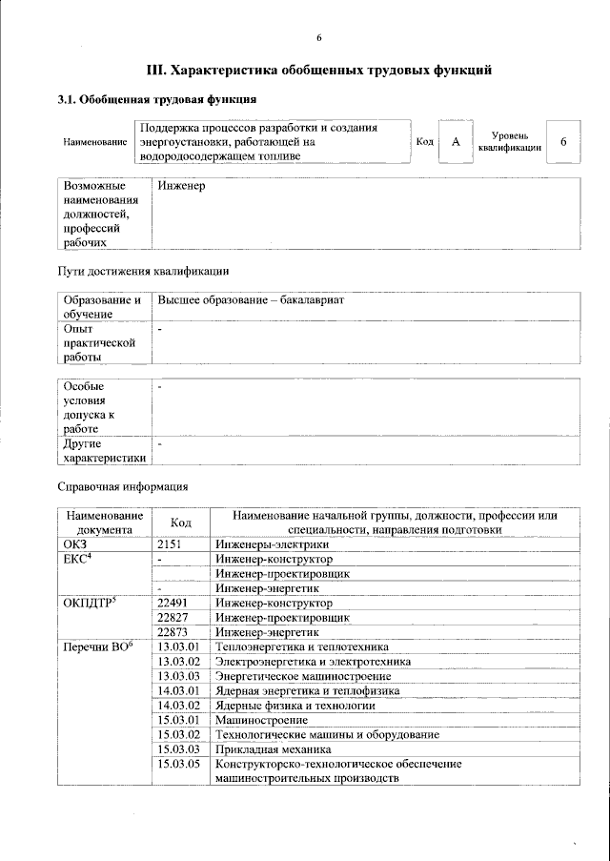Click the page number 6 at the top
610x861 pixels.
tap(319, 37)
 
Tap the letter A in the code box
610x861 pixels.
tap(456, 142)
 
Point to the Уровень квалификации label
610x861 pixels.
tap(510, 142)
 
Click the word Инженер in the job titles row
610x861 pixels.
tap(182, 186)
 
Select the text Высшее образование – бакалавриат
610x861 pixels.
tap(251, 300)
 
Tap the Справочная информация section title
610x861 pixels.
tap(123, 486)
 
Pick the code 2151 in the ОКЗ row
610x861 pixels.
tap(170, 544)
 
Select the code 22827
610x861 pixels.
tap(173, 617)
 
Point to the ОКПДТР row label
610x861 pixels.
tap(89, 603)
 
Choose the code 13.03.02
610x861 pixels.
tap(178, 661)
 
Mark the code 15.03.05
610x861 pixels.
tap(178, 764)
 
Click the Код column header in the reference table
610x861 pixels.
tap(180, 523)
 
